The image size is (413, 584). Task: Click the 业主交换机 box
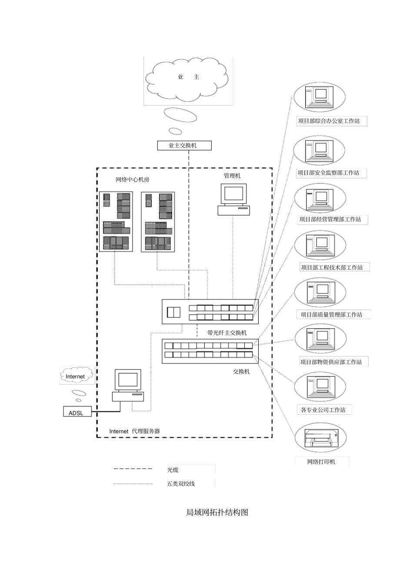click(184, 145)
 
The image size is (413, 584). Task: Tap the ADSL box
click(77, 411)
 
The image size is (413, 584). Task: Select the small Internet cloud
click(77, 375)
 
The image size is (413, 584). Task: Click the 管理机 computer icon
click(233, 199)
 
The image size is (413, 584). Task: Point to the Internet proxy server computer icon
click(128, 385)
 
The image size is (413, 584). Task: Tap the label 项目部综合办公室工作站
click(329, 121)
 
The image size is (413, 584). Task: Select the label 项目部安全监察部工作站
click(328, 173)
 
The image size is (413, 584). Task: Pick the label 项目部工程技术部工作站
click(332, 267)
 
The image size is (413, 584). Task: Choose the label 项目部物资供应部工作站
click(331, 362)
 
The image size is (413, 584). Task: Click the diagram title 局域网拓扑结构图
click(217, 512)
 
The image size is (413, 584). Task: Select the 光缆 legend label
click(173, 470)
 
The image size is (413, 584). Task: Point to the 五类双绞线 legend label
click(181, 484)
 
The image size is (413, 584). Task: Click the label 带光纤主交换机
click(227, 333)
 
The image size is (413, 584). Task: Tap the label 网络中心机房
click(133, 179)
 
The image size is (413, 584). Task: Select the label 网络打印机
click(321, 462)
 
